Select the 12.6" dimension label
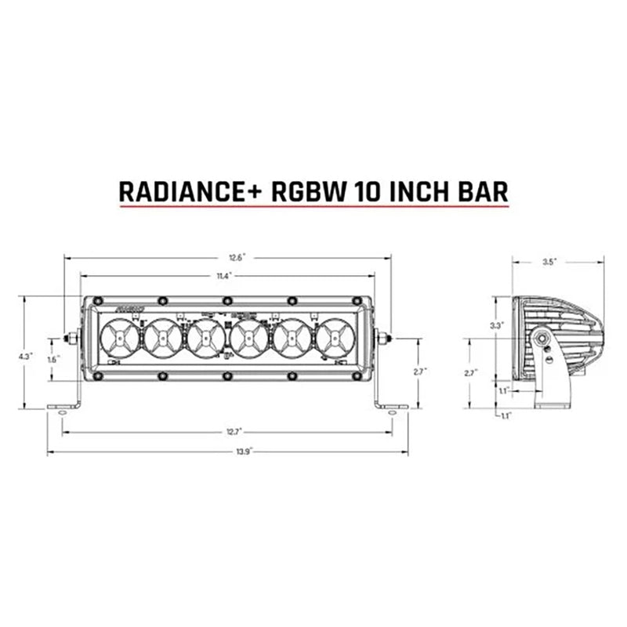[x=227, y=256]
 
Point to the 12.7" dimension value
[x=227, y=431]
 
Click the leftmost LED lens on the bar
[x=120, y=338]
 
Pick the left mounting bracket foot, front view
[x=63, y=407]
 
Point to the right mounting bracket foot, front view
[x=391, y=407]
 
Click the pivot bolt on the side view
[x=542, y=339]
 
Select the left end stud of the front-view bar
[x=71, y=339]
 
